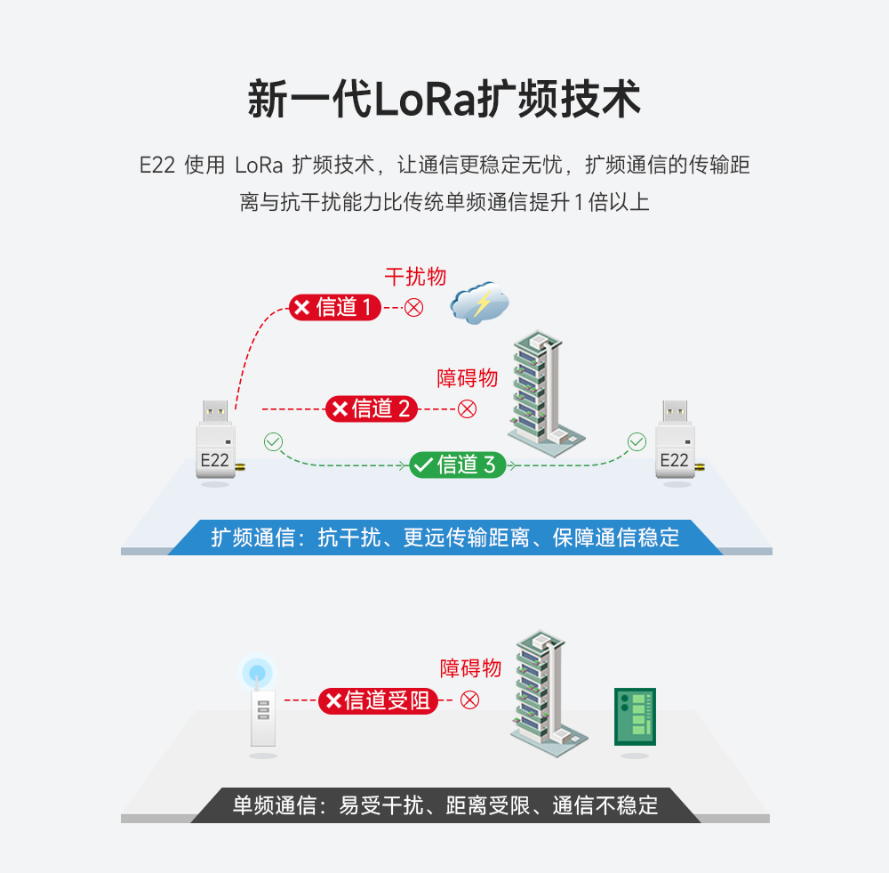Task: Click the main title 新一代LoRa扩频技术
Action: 444,100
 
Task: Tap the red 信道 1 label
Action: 335,308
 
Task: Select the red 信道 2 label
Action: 372,408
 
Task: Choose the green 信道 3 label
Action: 458,465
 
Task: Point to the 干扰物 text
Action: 415,277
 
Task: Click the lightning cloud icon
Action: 480,303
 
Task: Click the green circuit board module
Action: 635,716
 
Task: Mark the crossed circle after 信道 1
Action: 414,308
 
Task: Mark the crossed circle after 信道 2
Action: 467,408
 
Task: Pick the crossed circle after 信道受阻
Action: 469,700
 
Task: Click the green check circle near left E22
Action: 273,441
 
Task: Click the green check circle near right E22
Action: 637,441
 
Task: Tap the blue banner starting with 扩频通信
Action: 444,538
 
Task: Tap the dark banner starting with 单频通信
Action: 444,805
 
